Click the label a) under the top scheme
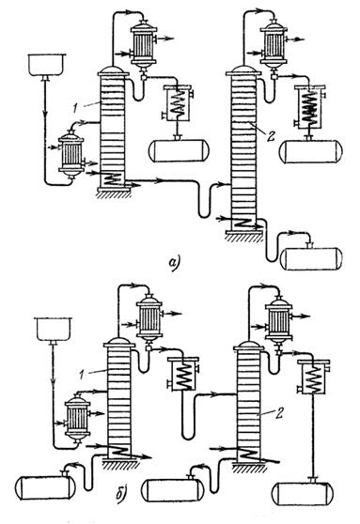point(174,262)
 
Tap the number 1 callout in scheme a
point(76,108)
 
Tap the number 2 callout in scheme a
point(271,135)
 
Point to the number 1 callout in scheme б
point(81,375)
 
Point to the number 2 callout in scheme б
point(279,413)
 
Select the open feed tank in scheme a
point(46,66)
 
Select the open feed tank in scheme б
point(54,330)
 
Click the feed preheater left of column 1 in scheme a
point(70,153)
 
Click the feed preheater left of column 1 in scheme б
point(77,418)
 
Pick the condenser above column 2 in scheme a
point(274,45)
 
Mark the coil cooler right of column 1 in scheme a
point(178,103)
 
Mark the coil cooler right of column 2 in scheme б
point(314,377)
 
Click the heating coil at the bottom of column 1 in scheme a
point(112,180)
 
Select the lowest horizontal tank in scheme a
point(311,258)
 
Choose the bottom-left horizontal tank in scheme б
point(45,487)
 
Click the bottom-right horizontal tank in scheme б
point(303,493)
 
